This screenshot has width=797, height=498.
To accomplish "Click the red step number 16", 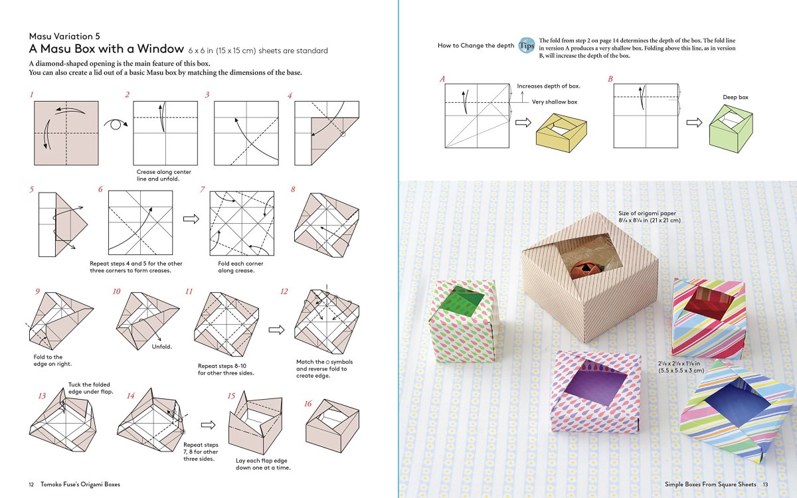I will pos(308,404).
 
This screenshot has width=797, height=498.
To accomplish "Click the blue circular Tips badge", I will pos(526,44).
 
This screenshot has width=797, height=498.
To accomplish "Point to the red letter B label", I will pos(610,79).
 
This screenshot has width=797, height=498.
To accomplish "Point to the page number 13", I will pos(765,484).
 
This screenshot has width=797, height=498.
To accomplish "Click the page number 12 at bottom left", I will pos(31,484).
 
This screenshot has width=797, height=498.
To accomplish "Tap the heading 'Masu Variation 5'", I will pos(64,36).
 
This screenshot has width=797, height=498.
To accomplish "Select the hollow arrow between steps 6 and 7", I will pos(191,218).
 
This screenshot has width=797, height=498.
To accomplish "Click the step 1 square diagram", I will pos(66,133).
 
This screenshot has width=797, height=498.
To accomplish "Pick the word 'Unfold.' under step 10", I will pos(161,347).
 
